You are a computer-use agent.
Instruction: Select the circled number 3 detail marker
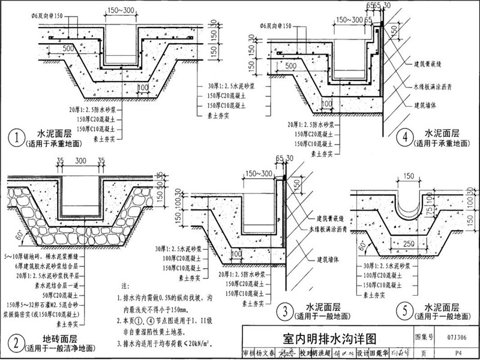(x=284, y=311)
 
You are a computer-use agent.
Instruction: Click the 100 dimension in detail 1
(x=142, y=87)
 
